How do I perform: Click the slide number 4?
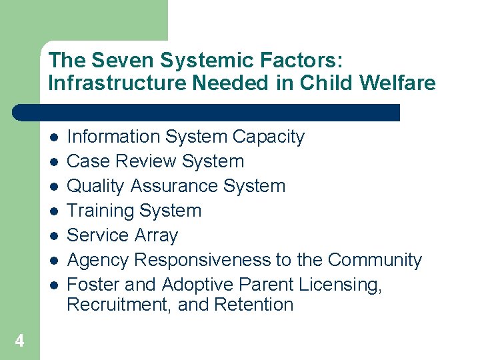pyautogui.click(x=19, y=341)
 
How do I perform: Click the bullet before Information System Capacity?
pyautogui.click(x=53, y=137)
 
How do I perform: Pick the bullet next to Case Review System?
pyautogui.click(x=53, y=162)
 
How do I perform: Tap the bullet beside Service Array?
pyautogui.click(x=53, y=236)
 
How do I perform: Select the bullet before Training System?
pyautogui.click(x=53, y=211)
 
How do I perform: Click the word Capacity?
pyautogui.click(x=269, y=137)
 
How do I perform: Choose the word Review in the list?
pyautogui.click(x=147, y=161)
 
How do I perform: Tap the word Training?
pyautogui.click(x=99, y=211)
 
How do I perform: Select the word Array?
pyautogui.click(x=156, y=235)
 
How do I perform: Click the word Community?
pyautogui.click(x=375, y=260)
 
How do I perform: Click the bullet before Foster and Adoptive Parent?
pyautogui.click(x=53, y=285)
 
